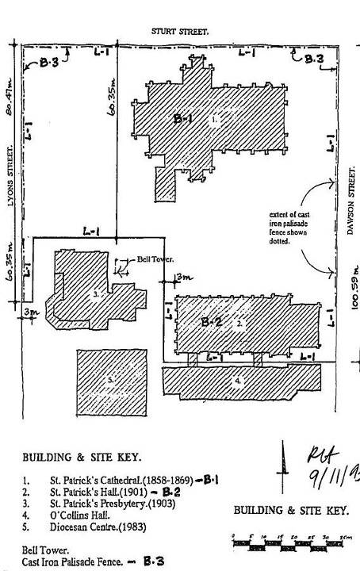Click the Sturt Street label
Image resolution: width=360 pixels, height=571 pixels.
[181, 31]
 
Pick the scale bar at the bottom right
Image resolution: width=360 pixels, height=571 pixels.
[290, 541]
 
